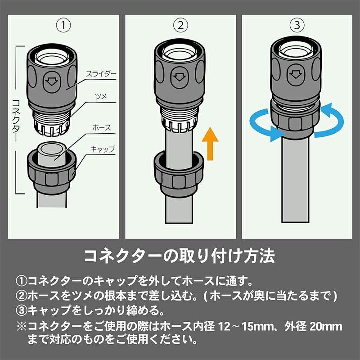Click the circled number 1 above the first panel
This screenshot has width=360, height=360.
pos(63,26)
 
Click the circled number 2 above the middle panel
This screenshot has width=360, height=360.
pos(180,26)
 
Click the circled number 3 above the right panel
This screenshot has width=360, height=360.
pos(297,25)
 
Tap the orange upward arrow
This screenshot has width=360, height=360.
pos(210,144)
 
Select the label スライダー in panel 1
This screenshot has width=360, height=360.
pos(101,74)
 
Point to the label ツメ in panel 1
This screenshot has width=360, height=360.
pos(101,96)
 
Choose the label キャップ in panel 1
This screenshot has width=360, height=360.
pos(103,149)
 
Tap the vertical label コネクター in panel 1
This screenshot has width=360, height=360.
pos(16,119)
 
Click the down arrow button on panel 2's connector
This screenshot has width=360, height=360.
pos(180,77)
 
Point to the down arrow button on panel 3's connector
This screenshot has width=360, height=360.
pos(296,74)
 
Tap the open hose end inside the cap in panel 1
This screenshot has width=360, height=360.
pos(52,153)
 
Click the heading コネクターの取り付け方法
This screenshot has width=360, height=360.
pos(180,256)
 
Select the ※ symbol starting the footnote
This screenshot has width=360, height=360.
pos(22,327)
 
